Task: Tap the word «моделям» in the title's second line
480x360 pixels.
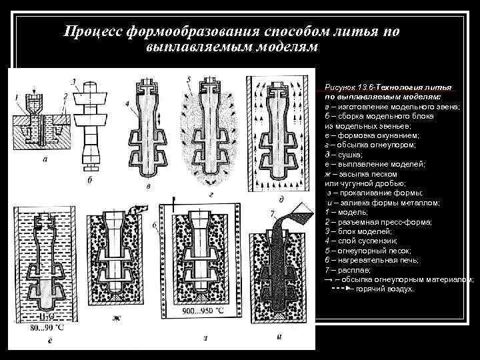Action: click(280, 48)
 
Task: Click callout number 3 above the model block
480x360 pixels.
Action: click(74, 81)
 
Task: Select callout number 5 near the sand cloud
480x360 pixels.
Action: click(189, 79)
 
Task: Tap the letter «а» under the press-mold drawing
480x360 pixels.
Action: click(44, 160)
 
